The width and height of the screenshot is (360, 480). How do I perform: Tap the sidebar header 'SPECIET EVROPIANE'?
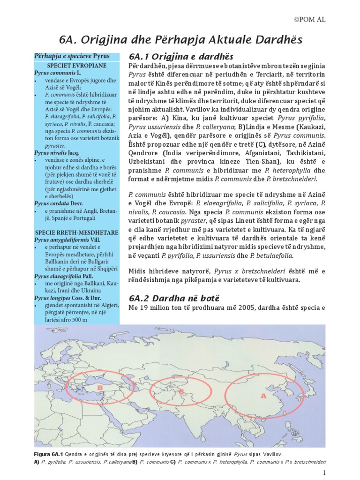[77, 66]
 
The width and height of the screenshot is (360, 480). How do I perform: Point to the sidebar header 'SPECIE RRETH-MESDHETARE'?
[77, 232]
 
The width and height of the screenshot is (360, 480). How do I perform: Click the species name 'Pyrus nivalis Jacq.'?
[57, 153]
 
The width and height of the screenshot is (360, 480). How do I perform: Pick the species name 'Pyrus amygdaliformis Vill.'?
[67, 240]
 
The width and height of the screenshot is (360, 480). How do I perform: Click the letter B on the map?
[100, 388]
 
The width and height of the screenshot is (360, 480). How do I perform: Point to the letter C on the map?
[181, 391]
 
